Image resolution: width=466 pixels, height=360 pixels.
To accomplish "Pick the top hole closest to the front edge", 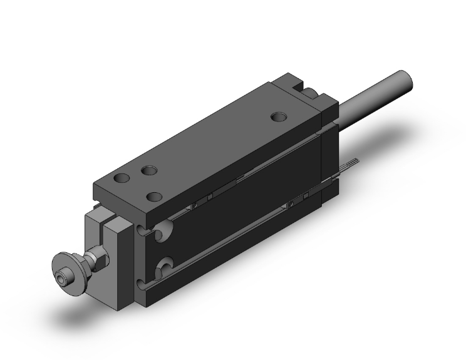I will [x=152, y=196].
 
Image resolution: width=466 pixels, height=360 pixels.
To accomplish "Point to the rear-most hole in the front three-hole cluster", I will [x=148, y=170].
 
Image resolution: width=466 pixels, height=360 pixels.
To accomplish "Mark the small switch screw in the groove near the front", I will [x=195, y=203].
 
